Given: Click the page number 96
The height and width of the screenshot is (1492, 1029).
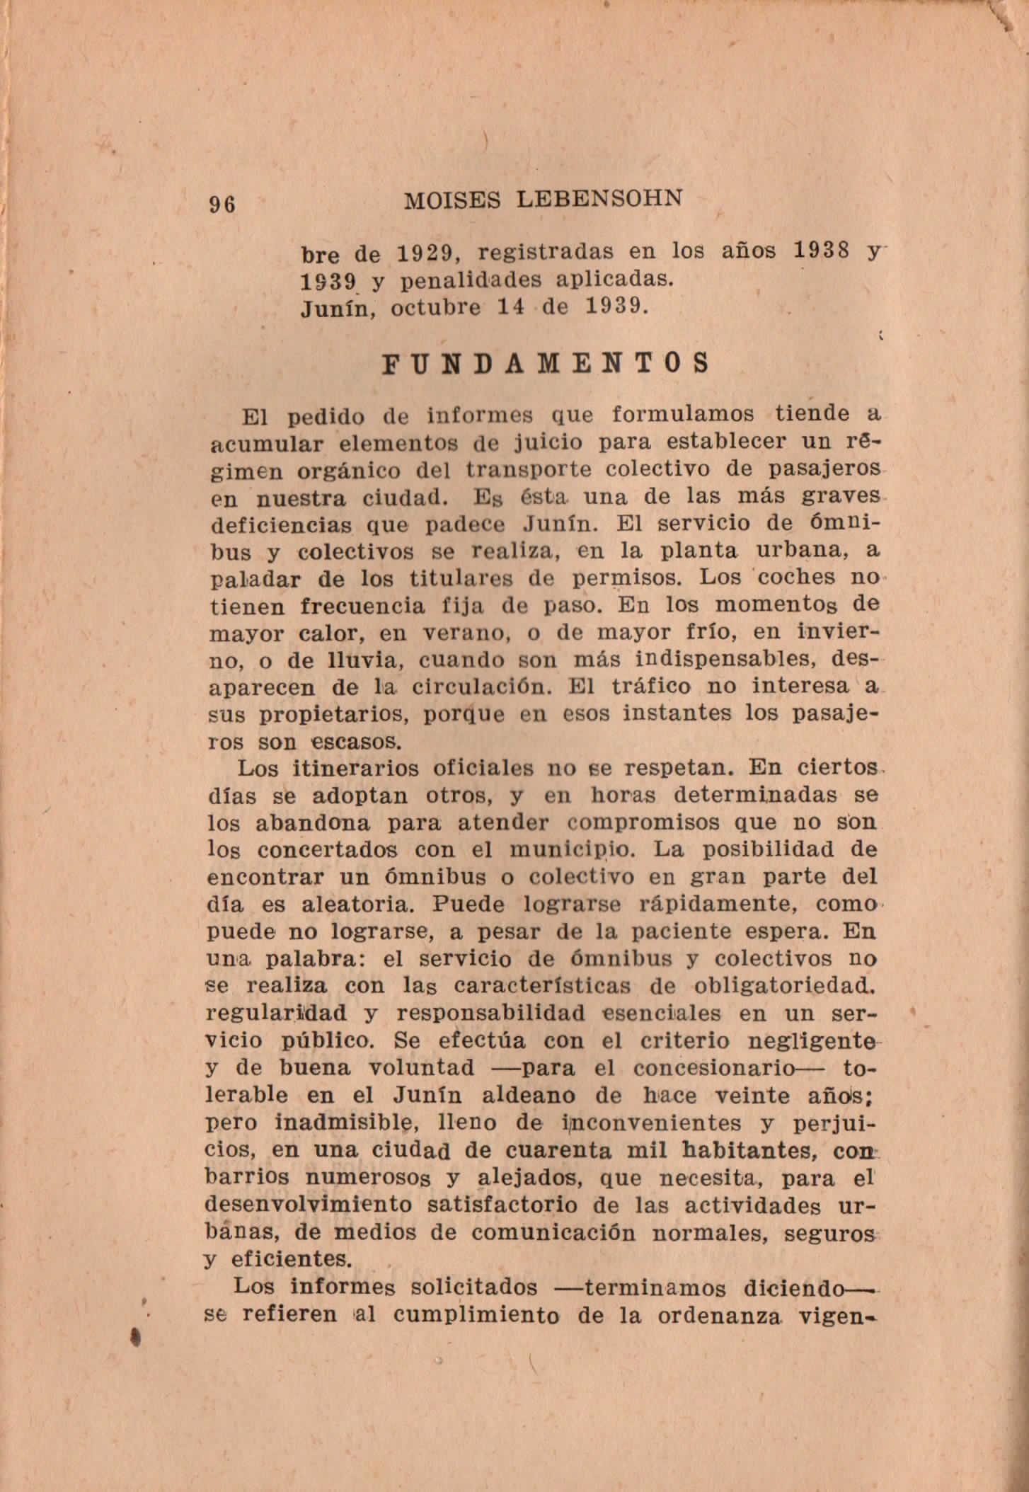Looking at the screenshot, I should pos(221,204).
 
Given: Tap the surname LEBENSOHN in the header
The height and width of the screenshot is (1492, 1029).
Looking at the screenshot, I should pos(600,199).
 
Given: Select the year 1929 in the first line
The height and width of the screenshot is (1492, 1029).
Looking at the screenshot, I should pos(423,253).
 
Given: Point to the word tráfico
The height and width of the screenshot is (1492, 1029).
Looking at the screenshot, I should pos(657,686).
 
